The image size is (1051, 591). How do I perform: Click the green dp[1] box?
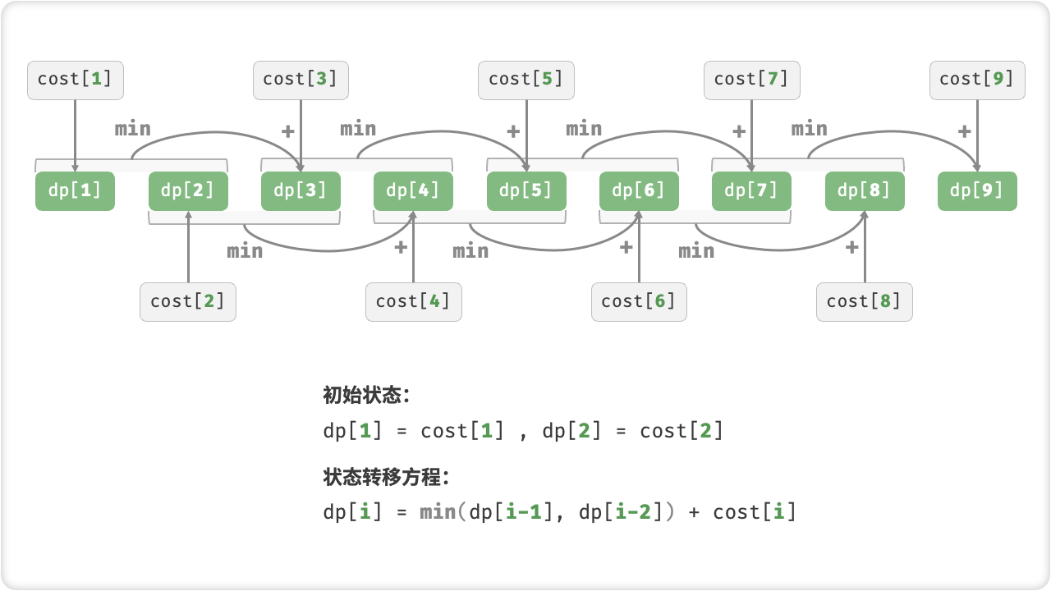pyautogui.click(x=75, y=191)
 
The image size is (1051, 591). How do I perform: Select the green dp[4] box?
pyautogui.click(x=413, y=191)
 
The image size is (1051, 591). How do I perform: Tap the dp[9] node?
pyautogui.click(x=977, y=191)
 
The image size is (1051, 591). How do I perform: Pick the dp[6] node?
pyautogui.click(x=639, y=191)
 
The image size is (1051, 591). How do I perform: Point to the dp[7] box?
pyautogui.click(x=751, y=191)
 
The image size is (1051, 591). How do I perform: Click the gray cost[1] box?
pyautogui.click(x=75, y=80)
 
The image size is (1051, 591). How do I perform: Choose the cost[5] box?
pyautogui.click(x=526, y=80)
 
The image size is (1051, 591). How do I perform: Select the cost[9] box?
pyautogui.click(x=977, y=80)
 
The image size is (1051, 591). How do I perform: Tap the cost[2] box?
pyautogui.click(x=188, y=301)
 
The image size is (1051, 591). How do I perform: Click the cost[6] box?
pyautogui.click(x=639, y=301)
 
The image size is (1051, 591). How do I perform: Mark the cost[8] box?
pyautogui.click(x=865, y=301)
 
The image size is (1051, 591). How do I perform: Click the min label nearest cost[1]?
pyautogui.click(x=133, y=129)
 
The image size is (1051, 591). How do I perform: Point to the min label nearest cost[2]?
pyautogui.click(x=246, y=250)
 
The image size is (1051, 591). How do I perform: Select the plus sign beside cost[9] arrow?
pyautogui.click(x=964, y=131)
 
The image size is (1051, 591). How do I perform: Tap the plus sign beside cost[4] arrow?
pyautogui.click(x=401, y=246)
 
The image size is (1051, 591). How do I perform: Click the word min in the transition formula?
pyautogui.click(x=438, y=512)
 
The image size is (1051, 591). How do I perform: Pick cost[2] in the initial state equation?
pyautogui.click(x=682, y=431)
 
